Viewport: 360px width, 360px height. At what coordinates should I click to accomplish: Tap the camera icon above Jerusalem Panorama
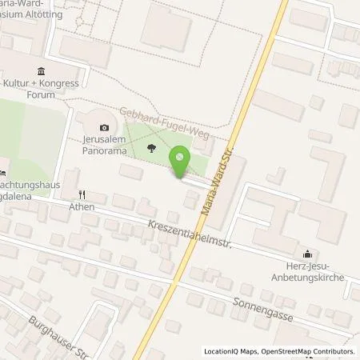[104, 127]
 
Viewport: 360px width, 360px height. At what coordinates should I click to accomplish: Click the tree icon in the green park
[151, 146]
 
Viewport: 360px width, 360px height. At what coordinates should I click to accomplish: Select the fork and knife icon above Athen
[81, 194]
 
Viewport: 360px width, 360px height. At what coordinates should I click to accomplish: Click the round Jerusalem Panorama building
[99, 128]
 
